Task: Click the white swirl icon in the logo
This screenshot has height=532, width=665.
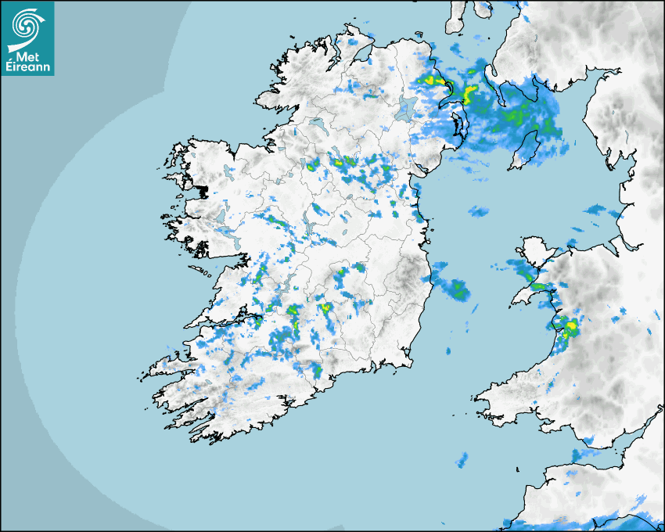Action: coord(27,24)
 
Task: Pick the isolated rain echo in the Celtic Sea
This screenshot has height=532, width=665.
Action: coord(462,459)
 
